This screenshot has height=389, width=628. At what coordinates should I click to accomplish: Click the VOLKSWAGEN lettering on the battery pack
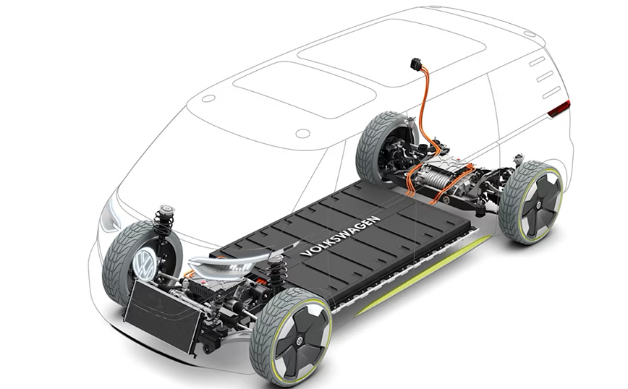(x=339, y=236)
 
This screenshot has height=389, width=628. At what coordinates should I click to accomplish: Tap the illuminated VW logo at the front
(x=144, y=264)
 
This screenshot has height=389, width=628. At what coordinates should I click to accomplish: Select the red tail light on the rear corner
(x=559, y=108)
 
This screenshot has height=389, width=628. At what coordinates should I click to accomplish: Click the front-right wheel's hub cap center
(x=300, y=341)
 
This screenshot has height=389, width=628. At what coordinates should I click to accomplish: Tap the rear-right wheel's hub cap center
(x=539, y=205)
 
